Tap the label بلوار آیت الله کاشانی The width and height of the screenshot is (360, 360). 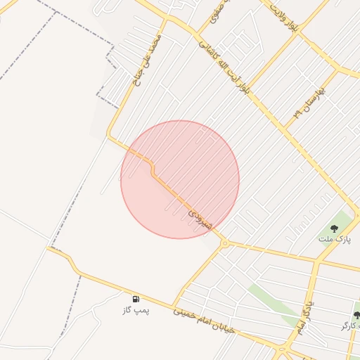click(x=226, y=64)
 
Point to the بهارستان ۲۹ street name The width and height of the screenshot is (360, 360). click(x=307, y=102)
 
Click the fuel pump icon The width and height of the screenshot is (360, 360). click(x=135, y=299)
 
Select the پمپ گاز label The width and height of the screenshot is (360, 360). click(x=136, y=310)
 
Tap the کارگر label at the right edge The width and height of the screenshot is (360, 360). click(x=351, y=326)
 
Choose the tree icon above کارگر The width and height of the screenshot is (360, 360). click(x=356, y=315)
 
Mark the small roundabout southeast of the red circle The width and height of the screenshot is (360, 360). click(x=225, y=243)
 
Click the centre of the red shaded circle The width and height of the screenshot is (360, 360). click(x=180, y=180)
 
